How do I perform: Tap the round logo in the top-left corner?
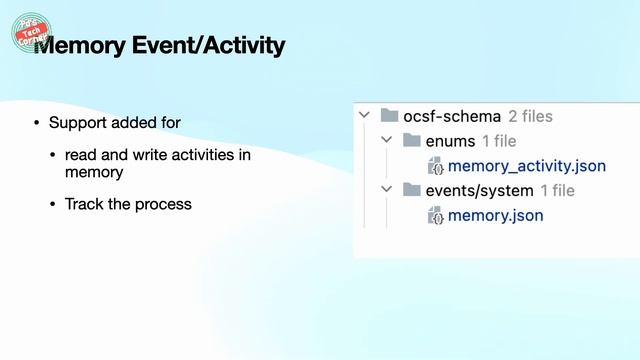tap(30, 32)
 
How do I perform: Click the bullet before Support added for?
tap(37, 123)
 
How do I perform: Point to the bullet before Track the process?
tap(53, 204)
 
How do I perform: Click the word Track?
tap(84, 204)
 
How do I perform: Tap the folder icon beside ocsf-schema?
tap(390, 116)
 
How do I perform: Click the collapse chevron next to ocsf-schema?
tap(365, 116)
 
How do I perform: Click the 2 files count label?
tap(530, 116)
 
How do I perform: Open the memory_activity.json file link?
tap(527, 166)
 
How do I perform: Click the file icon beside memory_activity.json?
tap(435, 166)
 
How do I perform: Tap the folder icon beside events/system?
tap(412, 190)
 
